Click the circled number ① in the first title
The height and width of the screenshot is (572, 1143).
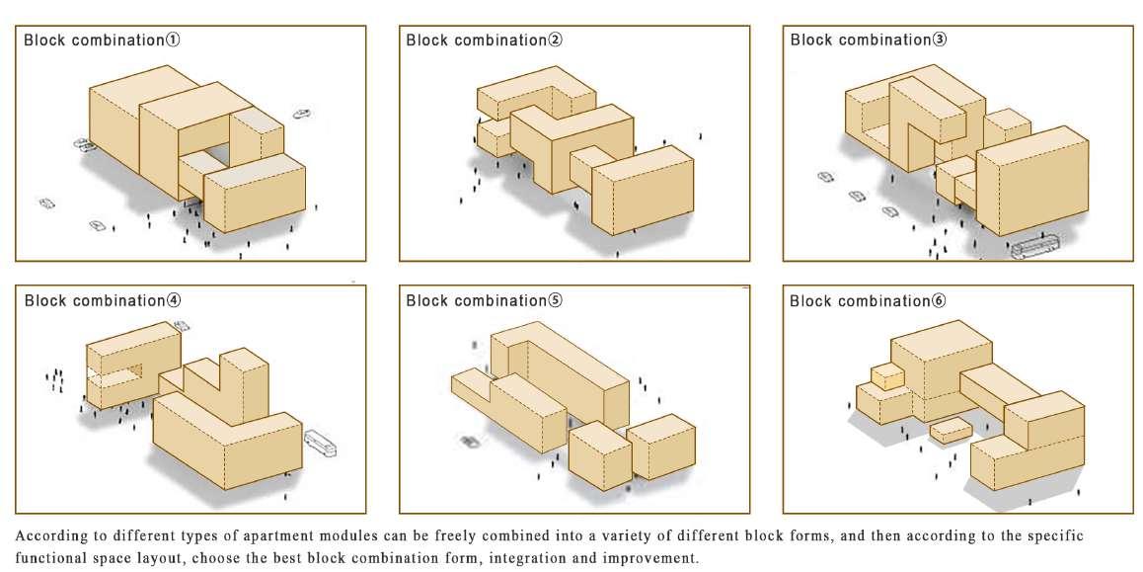coord(173,41)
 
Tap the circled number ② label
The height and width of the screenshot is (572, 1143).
coord(556,41)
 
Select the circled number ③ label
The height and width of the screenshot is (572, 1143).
coord(939,41)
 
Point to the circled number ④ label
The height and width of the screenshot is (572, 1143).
coord(173,300)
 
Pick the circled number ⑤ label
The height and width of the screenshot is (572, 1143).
coord(556,300)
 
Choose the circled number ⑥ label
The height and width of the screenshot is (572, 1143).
coord(939,300)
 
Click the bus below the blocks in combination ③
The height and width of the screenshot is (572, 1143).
coord(1033,246)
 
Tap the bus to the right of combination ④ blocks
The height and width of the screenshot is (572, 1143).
coord(322,446)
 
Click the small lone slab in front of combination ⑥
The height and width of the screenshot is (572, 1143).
coord(950,431)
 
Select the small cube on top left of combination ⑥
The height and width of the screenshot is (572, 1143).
coord(886,375)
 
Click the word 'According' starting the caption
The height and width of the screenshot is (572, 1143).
coord(48,535)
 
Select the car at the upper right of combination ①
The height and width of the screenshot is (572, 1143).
coord(302,114)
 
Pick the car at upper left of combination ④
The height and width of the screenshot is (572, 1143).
coord(182,325)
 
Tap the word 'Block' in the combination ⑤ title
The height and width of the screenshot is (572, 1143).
coord(425,300)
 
